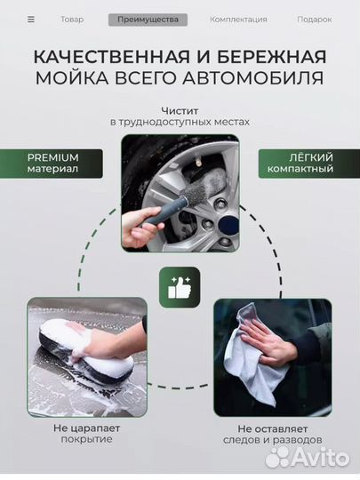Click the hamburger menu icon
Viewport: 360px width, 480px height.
pos(31,19)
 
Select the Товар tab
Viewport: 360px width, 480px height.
pos(72,19)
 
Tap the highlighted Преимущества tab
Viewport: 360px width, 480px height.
pos(148,19)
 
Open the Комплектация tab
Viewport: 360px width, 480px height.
pos(238,19)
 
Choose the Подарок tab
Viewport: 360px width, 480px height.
pos(314,19)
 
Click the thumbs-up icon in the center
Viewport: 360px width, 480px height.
pos(180,287)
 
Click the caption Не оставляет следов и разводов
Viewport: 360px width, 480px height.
pos(272,432)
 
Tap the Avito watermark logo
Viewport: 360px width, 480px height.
pos(308,456)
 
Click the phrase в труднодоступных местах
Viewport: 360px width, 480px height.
pos(180,123)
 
